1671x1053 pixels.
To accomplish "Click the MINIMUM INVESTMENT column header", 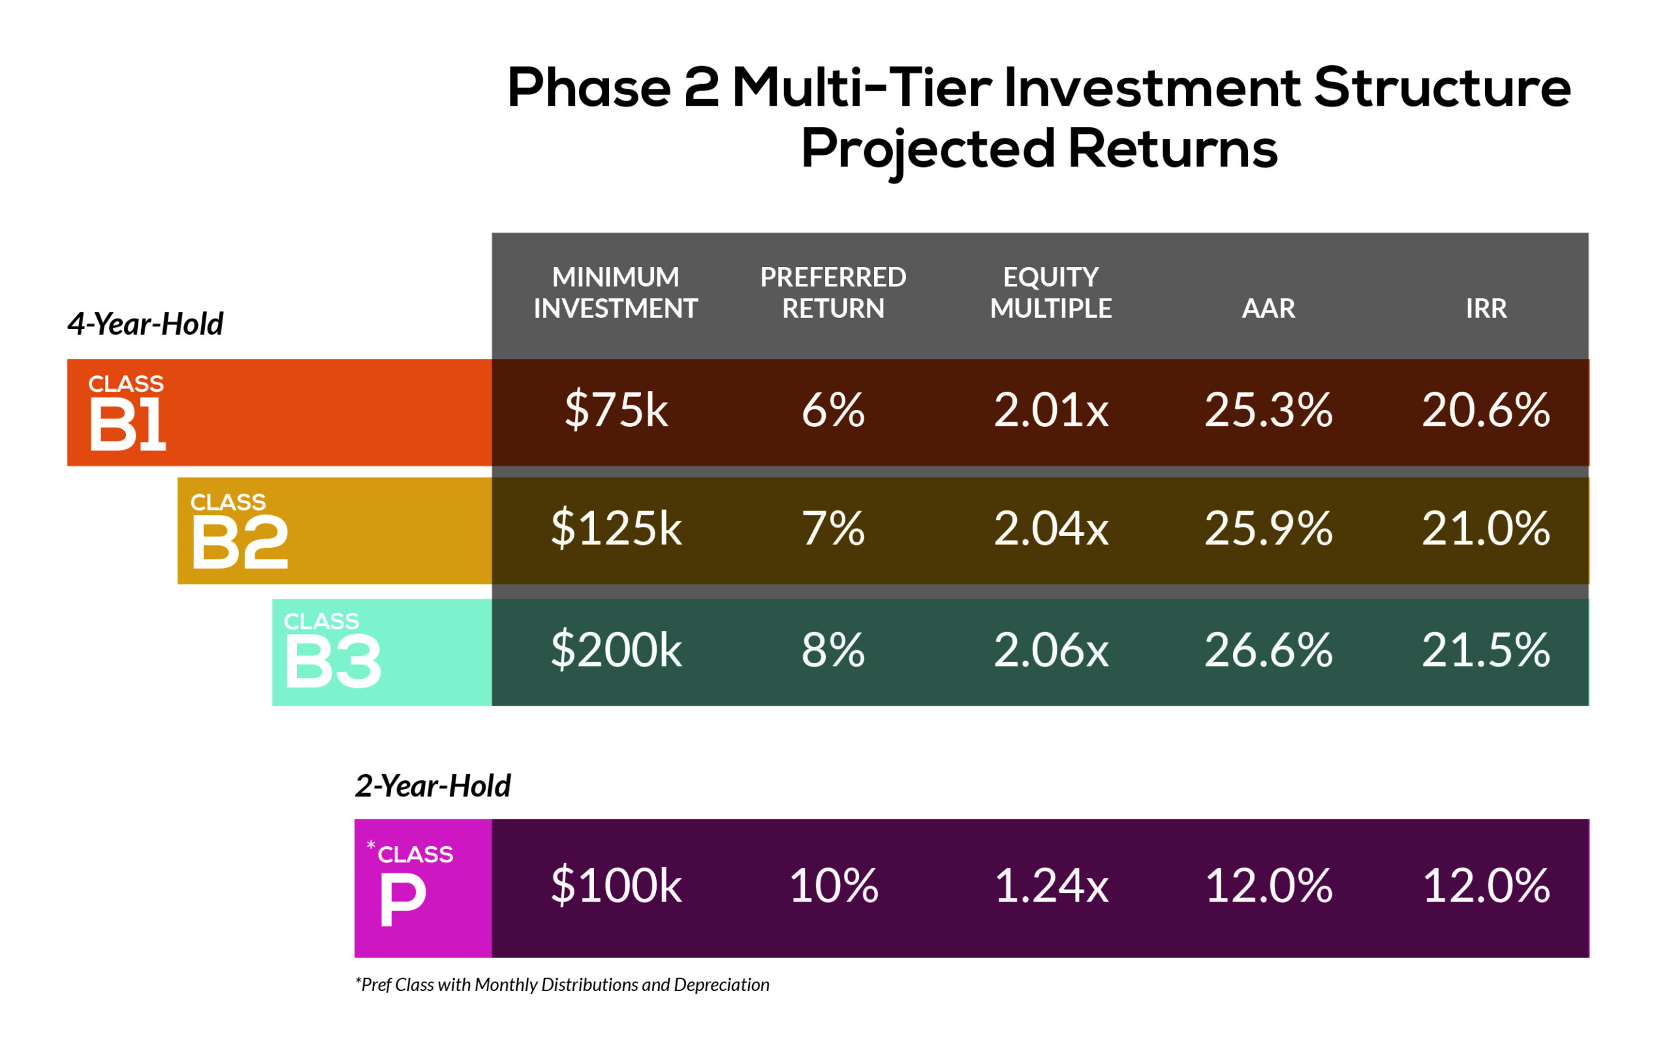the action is tap(616, 292).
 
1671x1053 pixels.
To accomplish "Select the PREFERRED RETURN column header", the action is tap(833, 292).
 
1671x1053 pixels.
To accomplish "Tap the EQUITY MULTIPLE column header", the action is tap(1051, 292).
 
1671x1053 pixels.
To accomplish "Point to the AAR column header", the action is tap(1268, 308).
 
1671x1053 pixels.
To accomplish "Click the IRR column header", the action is tap(1486, 308).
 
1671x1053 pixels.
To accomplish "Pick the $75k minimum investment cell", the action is tap(616, 409).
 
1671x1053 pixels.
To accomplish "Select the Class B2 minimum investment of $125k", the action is tap(616, 528).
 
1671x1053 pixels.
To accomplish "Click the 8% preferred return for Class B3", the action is tap(833, 650).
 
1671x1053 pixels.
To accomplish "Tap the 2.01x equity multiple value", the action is tap(1051, 409).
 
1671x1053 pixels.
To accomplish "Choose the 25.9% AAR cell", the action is tap(1268, 528).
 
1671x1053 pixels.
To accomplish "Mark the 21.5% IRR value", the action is tap(1486, 650).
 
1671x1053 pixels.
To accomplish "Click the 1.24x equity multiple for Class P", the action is tap(1051, 887).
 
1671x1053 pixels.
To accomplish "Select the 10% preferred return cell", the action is tap(834, 887).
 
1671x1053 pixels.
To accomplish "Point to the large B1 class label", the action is tap(128, 425).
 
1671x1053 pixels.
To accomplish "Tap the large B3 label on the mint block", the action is tap(332, 662).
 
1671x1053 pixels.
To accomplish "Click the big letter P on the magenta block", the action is tap(402, 900).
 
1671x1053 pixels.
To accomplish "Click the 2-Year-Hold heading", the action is tap(432, 787).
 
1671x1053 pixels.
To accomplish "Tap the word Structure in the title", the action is tap(1442, 87).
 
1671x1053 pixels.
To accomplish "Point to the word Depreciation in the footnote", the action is tap(722, 985).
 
